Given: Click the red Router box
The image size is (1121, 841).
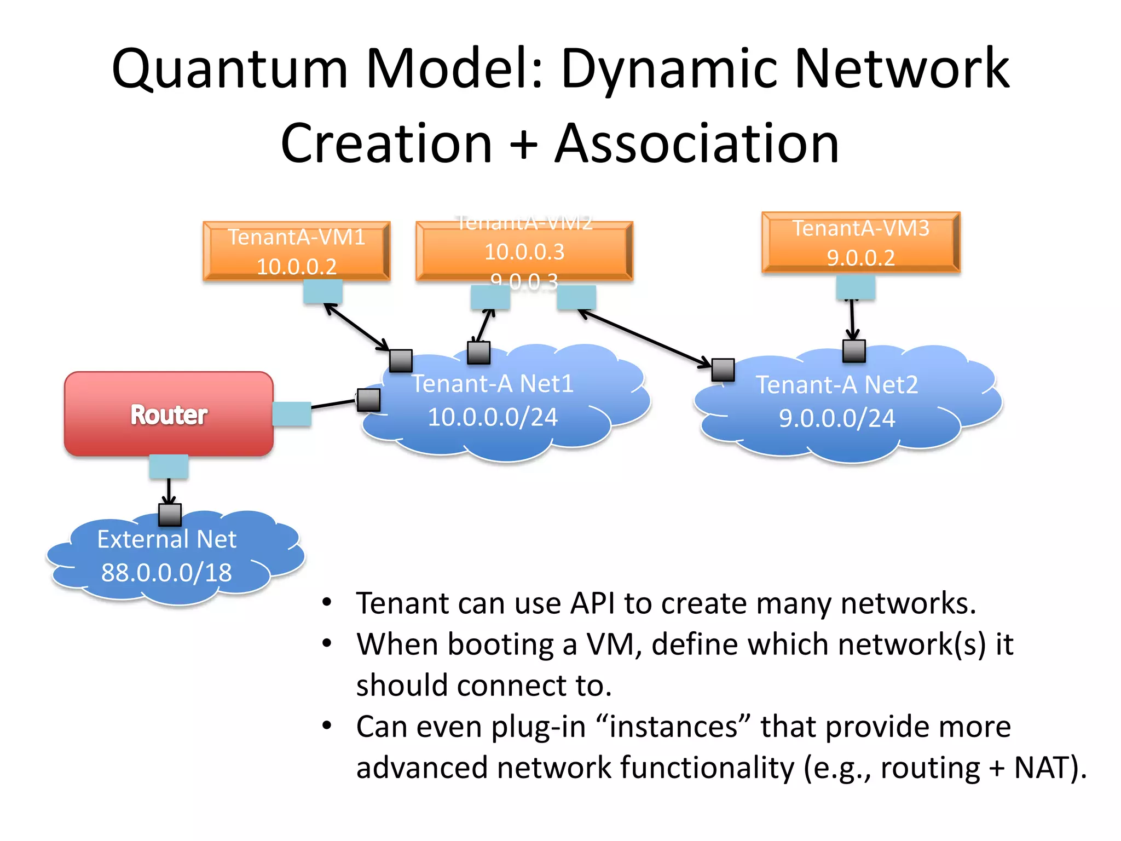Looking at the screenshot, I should (169, 414).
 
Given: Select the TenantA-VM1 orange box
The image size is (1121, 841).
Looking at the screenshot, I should (296, 251).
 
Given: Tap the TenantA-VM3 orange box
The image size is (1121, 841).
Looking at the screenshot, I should (860, 242).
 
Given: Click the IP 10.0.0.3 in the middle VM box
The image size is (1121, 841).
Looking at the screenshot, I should (524, 252).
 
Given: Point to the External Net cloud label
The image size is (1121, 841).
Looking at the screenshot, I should (166, 539).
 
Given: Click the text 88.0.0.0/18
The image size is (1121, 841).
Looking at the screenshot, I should (166, 573).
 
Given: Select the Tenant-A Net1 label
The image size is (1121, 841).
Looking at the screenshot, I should (492, 383).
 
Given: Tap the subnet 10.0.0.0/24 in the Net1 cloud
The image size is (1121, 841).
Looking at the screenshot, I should (492, 417).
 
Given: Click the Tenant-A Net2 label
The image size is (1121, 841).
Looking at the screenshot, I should (836, 384).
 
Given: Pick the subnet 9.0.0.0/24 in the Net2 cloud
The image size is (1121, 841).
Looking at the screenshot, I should (836, 418).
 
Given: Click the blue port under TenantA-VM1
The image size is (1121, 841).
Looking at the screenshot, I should (323, 291).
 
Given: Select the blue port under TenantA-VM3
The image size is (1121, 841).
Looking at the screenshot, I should (855, 287).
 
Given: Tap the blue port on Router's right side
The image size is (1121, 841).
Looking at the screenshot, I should (292, 414).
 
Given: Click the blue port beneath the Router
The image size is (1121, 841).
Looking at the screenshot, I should (169, 466).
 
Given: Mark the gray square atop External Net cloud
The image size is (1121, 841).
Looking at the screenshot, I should (170, 515).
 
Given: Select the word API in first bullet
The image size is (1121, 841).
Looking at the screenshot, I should (592, 603).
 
